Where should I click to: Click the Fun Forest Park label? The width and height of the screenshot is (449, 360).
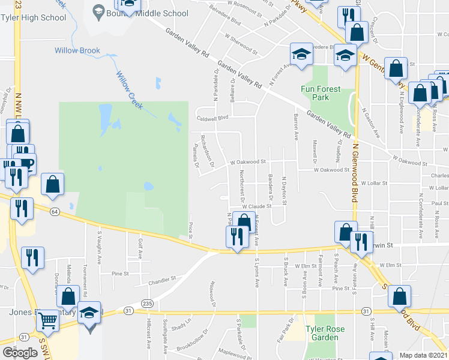point(321,93)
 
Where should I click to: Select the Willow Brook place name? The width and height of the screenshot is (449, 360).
point(77,50)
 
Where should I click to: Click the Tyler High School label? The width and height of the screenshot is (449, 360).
point(37,17)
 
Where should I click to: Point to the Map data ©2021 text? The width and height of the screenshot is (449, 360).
point(423,355)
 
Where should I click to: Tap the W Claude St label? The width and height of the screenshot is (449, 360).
point(258,206)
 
